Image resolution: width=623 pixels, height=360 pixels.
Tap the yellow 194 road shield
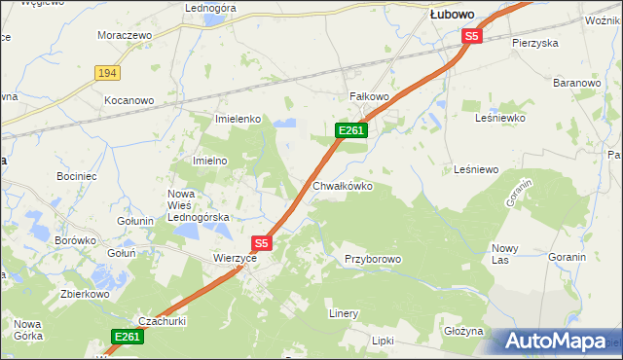[x=107, y=73]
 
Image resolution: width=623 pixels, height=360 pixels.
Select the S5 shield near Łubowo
[x=472, y=36]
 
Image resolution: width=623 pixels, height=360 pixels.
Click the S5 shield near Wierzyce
[x=261, y=242]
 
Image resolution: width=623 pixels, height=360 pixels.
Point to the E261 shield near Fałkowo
[x=350, y=130]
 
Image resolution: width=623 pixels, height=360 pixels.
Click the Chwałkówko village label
[x=342, y=186]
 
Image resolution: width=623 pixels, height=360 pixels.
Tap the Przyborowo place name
[x=373, y=259]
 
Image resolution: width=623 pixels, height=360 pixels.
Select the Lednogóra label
[x=211, y=8]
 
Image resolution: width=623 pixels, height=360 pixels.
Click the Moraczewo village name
[x=126, y=35]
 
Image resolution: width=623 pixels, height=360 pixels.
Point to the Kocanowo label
[x=130, y=100]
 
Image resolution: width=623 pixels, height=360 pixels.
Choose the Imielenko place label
[x=238, y=119]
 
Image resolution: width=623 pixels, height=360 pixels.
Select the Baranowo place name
[x=576, y=84]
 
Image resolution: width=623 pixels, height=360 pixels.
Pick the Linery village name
[x=344, y=313]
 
